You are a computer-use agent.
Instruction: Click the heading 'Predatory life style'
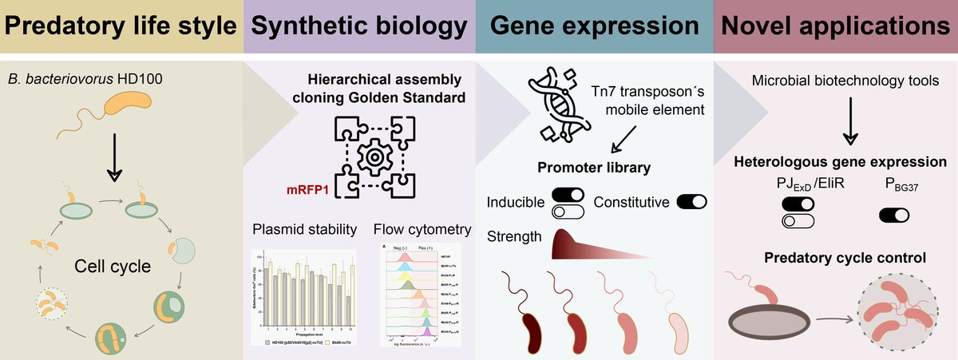coord(120,26)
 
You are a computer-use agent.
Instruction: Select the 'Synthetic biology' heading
coord(358,26)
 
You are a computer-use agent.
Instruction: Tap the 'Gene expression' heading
coord(595,26)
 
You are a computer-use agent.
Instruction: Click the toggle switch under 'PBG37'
coord(895,215)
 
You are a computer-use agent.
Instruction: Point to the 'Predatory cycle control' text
coord(834,258)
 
